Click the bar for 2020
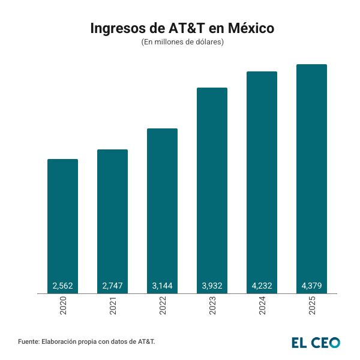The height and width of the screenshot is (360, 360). point(62,222)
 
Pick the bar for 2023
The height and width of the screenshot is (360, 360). point(212,187)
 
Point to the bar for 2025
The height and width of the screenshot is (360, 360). point(311,175)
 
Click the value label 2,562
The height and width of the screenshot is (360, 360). point(62,286)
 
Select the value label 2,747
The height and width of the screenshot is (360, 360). point(112,286)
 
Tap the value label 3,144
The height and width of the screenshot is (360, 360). point(162,286)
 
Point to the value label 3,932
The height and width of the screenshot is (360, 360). point(212,286)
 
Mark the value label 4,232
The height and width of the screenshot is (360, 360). point(262,286)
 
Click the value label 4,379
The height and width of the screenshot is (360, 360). point(311,286)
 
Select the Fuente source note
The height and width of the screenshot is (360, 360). point(86,341)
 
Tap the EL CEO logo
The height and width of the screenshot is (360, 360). point(316,342)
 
